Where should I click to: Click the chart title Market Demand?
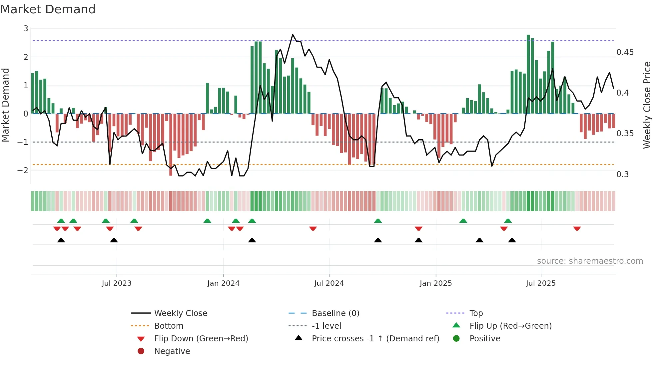[x=48, y=9]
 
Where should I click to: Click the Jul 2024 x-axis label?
[x=329, y=283]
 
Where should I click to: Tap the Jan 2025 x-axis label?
[x=435, y=283]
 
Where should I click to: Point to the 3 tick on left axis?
[x=26, y=29]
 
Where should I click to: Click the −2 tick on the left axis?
[x=23, y=170]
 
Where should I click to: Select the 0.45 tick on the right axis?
[x=625, y=52]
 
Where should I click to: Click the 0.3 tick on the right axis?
[x=622, y=174]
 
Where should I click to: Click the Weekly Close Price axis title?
[x=647, y=105]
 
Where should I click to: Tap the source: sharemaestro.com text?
[x=590, y=261]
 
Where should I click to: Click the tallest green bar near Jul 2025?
[x=528, y=74]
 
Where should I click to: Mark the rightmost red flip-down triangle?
[x=577, y=228]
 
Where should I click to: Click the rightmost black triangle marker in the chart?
[x=512, y=240]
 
